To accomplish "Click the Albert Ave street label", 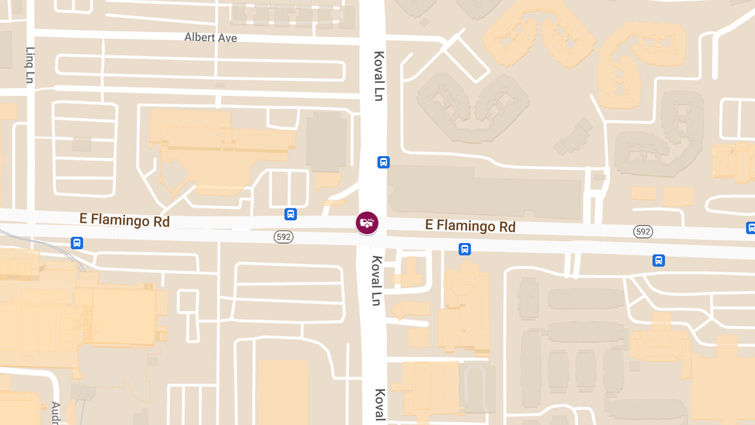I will tap(211, 38).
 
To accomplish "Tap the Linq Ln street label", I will tap(30, 65).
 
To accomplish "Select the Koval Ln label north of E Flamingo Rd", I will tap(378, 76).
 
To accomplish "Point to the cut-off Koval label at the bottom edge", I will tap(379, 404).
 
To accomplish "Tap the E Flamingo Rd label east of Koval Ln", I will tap(470, 225).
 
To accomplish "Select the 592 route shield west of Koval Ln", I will tap(283, 236).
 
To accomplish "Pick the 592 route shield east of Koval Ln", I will tap(642, 232).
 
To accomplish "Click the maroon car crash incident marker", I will tap(367, 222).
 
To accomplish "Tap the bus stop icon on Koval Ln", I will tap(383, 162).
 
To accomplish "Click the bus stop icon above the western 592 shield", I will tap(290, 214).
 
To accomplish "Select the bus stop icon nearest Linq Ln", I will tap(77, 243).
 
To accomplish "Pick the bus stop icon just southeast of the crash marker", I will tap(464, 249).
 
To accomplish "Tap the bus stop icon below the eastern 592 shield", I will tap(658, 260).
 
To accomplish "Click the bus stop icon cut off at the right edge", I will tap(751, 228).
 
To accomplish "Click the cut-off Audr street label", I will tap(55, 412).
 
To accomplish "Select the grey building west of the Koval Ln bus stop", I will tap(326, 142).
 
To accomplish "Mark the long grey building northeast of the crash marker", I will tap(484, 192).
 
